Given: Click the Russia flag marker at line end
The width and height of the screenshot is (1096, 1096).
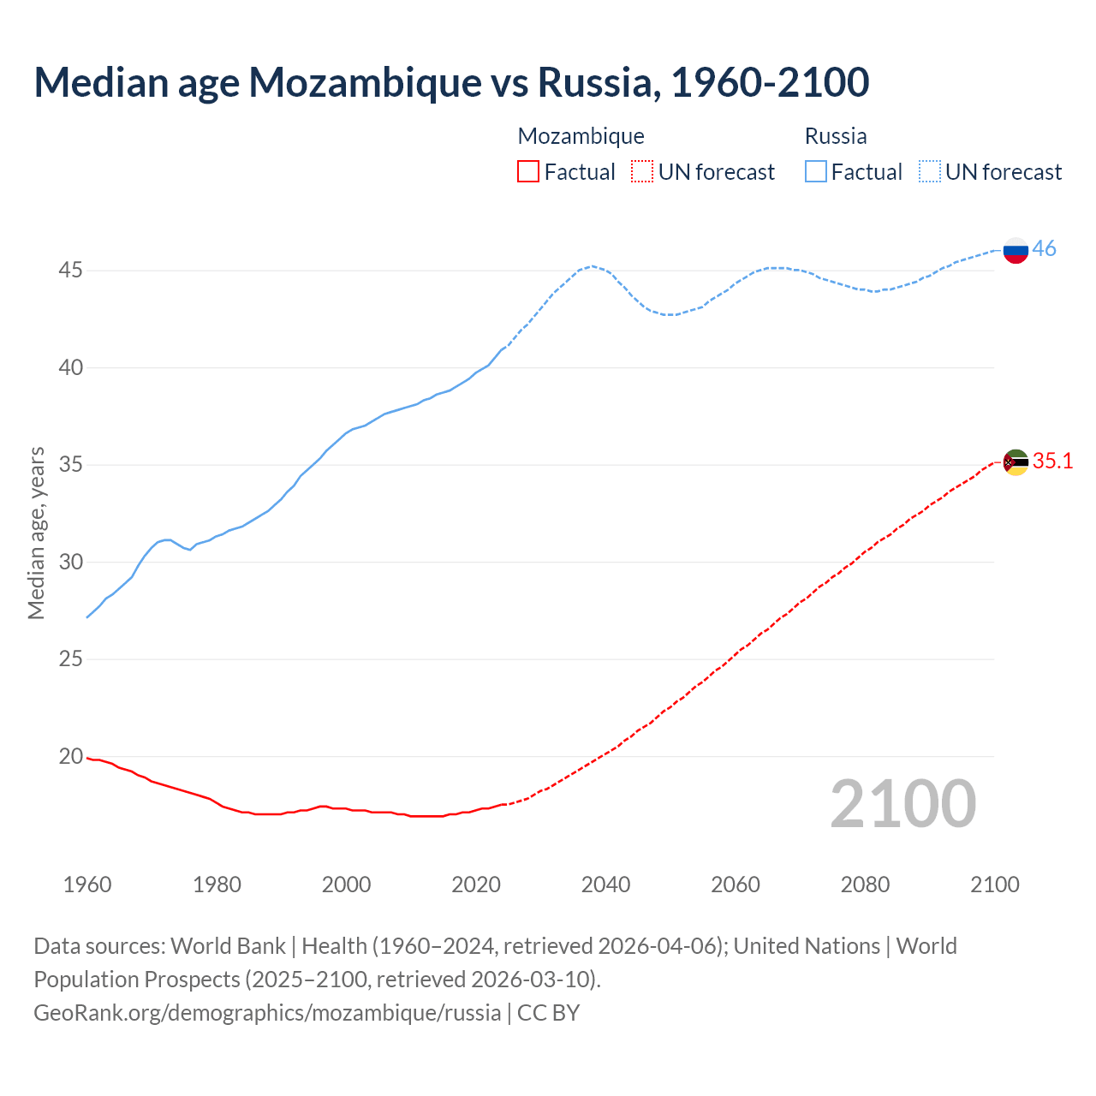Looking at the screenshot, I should click(1016, 250).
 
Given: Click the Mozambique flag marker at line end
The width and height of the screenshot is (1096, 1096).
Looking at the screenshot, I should click(1016, 462).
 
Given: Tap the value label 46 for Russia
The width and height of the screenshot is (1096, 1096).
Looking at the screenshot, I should click(1044, 248).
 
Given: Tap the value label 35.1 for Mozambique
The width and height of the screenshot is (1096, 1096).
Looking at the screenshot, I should click(1052, 461).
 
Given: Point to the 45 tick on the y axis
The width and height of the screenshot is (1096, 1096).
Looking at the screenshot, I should click(70, 271).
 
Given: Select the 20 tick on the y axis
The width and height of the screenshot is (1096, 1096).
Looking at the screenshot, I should click(70, 756).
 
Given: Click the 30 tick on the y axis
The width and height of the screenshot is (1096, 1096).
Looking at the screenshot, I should click(70, 562).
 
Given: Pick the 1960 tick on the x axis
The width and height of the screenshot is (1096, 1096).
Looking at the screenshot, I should click(87, 885).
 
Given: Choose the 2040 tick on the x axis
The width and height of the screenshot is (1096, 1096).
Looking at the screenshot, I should click(605, 885).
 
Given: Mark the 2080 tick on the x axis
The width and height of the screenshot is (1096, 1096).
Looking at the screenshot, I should click(865, 885).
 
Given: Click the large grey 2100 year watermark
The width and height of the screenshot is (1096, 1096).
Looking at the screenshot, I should click(902, 804).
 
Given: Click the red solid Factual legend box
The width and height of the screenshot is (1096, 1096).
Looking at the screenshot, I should click(528, 172).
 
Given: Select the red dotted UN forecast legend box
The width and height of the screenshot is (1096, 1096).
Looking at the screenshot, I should click(641, 172).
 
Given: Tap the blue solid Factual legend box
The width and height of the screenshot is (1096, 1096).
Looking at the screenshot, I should click(815, 172).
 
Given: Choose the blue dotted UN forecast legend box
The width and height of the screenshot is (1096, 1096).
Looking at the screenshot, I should click(929, 172).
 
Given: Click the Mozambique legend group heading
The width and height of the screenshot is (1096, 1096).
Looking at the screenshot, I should click(581, 136).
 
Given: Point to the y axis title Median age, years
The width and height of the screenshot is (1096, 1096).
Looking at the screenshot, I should click(36, 533).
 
